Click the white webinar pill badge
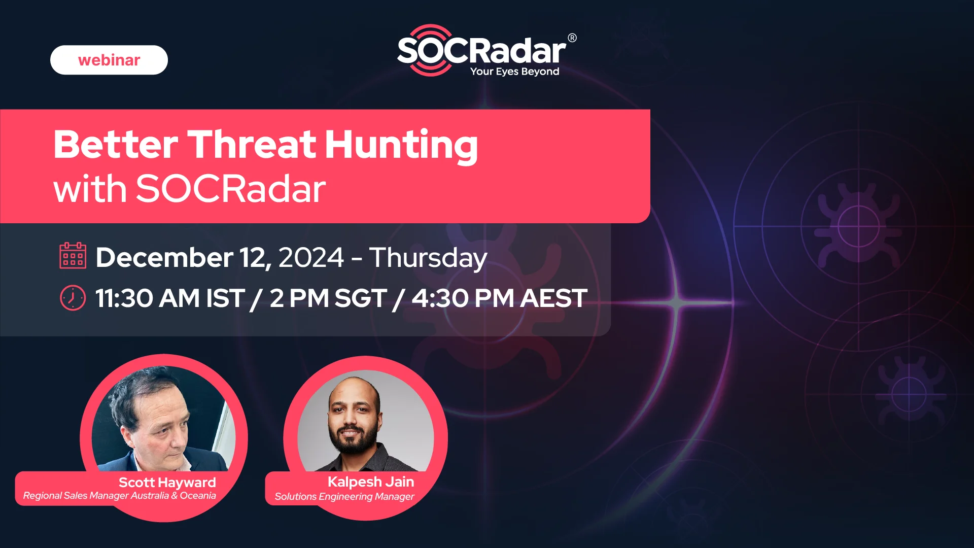109,60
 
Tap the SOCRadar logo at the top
486,51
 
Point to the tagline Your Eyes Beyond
514,72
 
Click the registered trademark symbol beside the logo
572,38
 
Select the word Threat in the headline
252,145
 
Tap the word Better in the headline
116,145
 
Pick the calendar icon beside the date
73,256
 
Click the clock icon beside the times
73,298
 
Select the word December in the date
164,257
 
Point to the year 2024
311,257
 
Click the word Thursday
428,258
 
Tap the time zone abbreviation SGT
361,298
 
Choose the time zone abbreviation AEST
554,298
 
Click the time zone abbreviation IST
225,298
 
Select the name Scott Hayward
167,483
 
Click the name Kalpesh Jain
371,482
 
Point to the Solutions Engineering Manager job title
344,497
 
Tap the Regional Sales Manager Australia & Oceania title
120,496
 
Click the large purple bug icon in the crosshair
858,226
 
